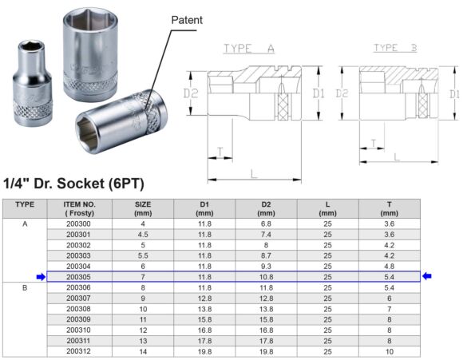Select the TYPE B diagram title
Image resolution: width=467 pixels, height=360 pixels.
397,49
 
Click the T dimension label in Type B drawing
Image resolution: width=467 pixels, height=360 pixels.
372,143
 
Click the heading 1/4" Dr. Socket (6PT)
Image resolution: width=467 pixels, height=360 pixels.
73,184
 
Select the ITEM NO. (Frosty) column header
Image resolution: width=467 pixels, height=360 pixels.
80,208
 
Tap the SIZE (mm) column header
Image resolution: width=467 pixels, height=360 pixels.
142,208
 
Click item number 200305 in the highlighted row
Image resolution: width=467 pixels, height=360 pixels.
80,276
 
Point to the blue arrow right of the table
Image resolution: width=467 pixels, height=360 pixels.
427,276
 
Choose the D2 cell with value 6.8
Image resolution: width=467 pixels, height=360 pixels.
266,224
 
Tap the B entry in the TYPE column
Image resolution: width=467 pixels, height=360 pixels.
25,287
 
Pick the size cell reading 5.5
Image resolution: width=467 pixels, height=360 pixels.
142,255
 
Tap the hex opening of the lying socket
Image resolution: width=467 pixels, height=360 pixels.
94,127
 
